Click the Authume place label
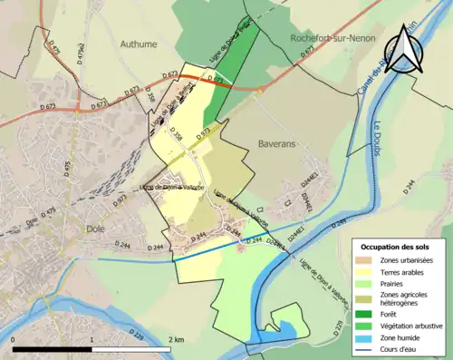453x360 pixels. pyautogui.click(x=139, y=43)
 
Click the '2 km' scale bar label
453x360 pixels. pyautogui.click(x=177, y=339)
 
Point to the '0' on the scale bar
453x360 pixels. pyautogui.click(x=14, y=339)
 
